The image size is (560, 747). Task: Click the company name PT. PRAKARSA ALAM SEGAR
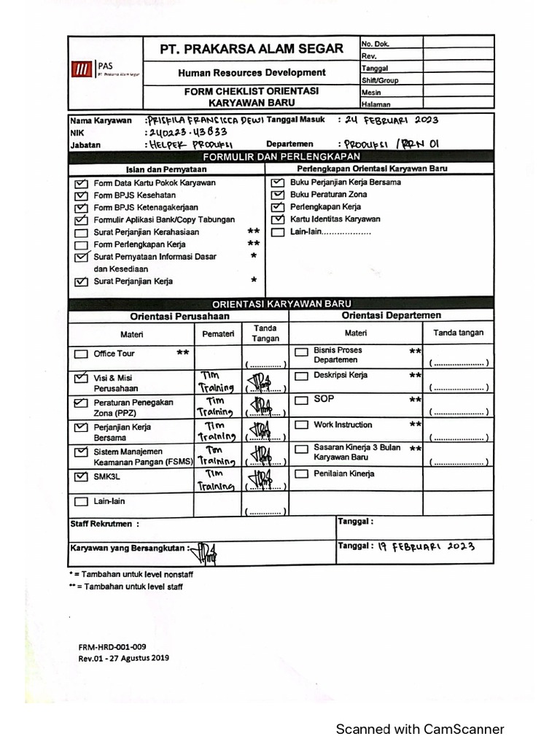[x=252, y=50]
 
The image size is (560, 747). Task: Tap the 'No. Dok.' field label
[x=376, y=44]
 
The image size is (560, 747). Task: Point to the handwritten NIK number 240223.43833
[x=187, y=133]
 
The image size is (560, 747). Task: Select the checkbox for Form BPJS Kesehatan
[x=80, y=196]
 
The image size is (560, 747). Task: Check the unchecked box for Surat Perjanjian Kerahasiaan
[x=80, y=233]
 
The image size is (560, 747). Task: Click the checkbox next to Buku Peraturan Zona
[x=277, y=195]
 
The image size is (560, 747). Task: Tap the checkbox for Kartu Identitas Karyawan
[x=277, y=219]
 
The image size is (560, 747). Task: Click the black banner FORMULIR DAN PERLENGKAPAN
[x=281, y=157]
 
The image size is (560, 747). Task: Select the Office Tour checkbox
[x=80, y=355]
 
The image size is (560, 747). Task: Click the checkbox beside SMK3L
[x=80, y=477]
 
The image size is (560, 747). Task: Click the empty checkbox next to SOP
[x=300, y=400]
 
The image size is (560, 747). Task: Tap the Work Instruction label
[x=343, y=425]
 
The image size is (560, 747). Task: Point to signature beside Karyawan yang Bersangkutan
[x=203, y=551]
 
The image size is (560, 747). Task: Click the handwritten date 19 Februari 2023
[x=426, y=546]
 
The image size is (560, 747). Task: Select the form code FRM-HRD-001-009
[x=112, y=646]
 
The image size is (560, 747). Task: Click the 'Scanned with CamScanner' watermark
[x=419, y=729]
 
